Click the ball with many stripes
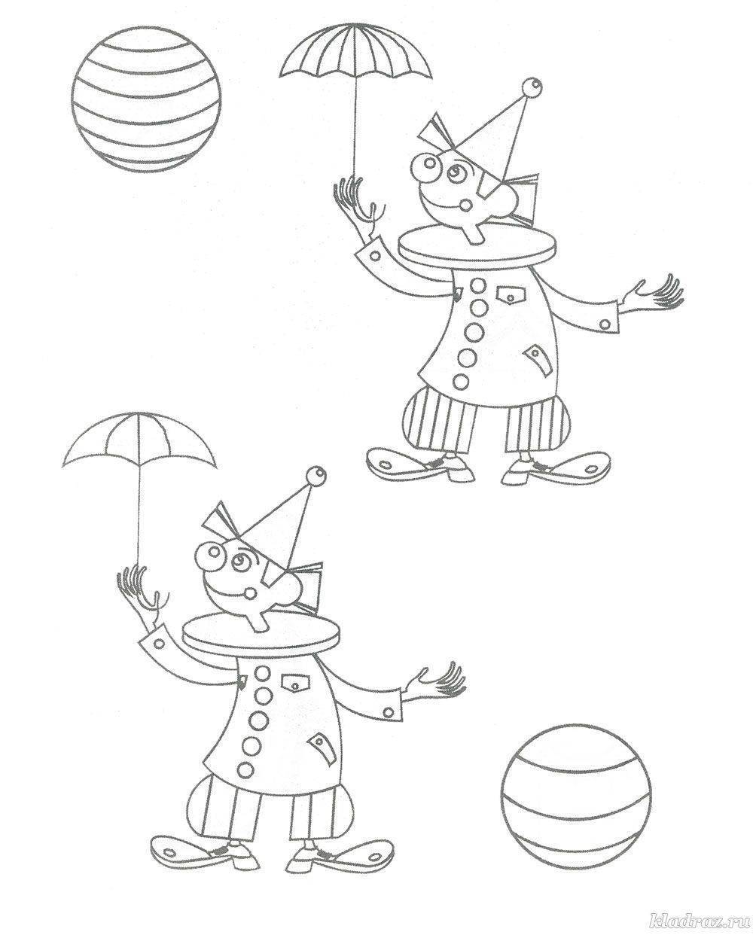[146, 99]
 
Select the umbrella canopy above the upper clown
[355, 53]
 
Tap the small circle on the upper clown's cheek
[468, 203]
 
